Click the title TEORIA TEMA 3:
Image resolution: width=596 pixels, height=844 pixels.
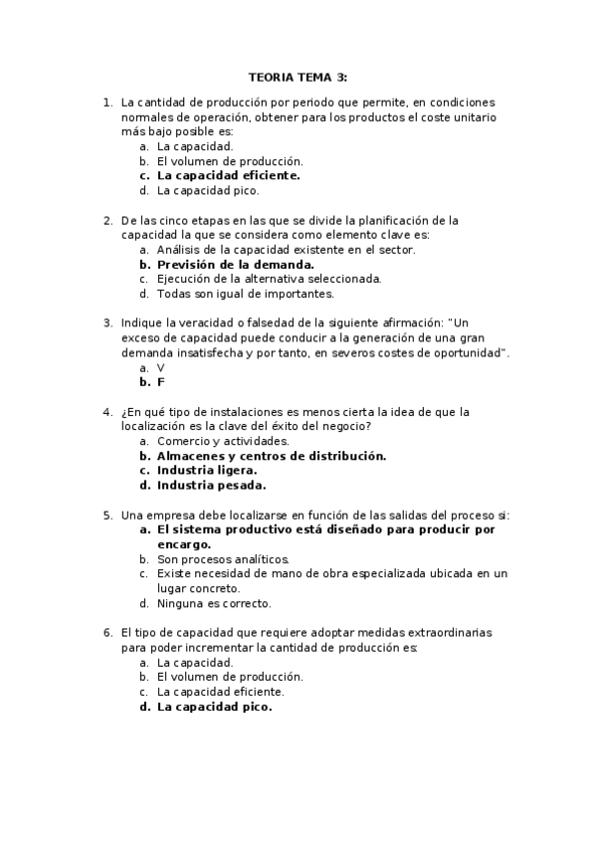pyautogui.click(x=298, y=78)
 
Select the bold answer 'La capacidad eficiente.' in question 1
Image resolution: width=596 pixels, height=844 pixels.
pyautogui.click(x=228, y=175)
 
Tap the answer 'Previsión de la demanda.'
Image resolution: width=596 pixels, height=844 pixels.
pyautogui.click(x=236, y=265)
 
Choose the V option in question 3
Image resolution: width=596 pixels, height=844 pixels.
pyautogui.click(x=161, y=368)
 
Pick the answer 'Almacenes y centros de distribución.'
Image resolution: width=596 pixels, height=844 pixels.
pyautogui.click(x=271, y=456)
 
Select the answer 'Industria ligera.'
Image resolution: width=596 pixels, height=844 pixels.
pyautogui.click(x=207, y=471)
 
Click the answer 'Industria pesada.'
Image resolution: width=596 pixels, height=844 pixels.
pyautogui.click(x=211, y=486)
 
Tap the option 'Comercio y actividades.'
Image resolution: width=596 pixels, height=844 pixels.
pyautogui.click(x=223, y=441)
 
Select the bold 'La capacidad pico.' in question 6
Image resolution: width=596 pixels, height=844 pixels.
pyautogui.click(x=214, y=707)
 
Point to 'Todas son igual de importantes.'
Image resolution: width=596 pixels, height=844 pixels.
pyautogui.click(x=246, y=294)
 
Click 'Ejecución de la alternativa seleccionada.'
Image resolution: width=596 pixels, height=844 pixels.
pyautogui.click(x=269, y=279)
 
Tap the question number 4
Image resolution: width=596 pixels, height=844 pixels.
pyautogui.click(x=107, y=412)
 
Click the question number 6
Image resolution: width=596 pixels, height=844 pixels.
pyautogui.click(x=107, y=633)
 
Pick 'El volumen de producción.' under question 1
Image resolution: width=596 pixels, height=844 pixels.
pyautogui.click(x=230, y=160)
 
